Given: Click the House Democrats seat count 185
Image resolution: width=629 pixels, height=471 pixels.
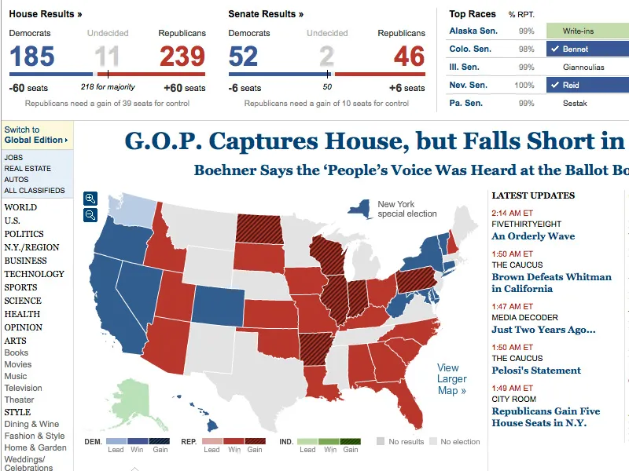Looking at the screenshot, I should (32, 57).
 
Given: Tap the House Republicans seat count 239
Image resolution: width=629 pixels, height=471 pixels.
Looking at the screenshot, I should (182, 57).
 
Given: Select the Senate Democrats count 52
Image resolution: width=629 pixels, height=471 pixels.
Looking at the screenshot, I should (244, 57).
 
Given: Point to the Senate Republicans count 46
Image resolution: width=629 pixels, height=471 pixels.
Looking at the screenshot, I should (409, 57).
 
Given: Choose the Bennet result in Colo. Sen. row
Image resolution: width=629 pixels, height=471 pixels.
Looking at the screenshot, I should (576, 49).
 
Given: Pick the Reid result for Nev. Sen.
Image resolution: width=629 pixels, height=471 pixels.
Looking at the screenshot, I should (571, 85).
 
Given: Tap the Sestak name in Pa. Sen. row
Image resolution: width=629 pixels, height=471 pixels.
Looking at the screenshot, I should (576, 103).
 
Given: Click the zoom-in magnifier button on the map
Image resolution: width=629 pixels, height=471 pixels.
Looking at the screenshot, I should (90, 199).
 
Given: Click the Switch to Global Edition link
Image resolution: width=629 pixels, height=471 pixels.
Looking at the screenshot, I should (35, 135).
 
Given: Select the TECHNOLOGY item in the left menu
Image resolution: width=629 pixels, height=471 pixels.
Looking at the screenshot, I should (34, 274).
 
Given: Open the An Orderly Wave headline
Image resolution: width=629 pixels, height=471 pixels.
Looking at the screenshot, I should (533, 236).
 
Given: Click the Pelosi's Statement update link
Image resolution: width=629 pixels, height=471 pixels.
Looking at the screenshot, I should (536, 371).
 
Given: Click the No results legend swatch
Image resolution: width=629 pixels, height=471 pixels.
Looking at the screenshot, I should (381, 442).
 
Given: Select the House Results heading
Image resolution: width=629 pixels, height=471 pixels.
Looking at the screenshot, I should (46, 14).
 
